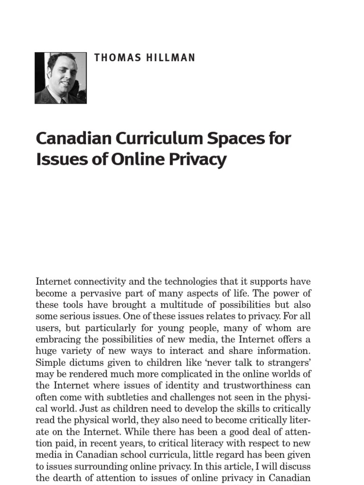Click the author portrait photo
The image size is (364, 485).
point(61,78)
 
